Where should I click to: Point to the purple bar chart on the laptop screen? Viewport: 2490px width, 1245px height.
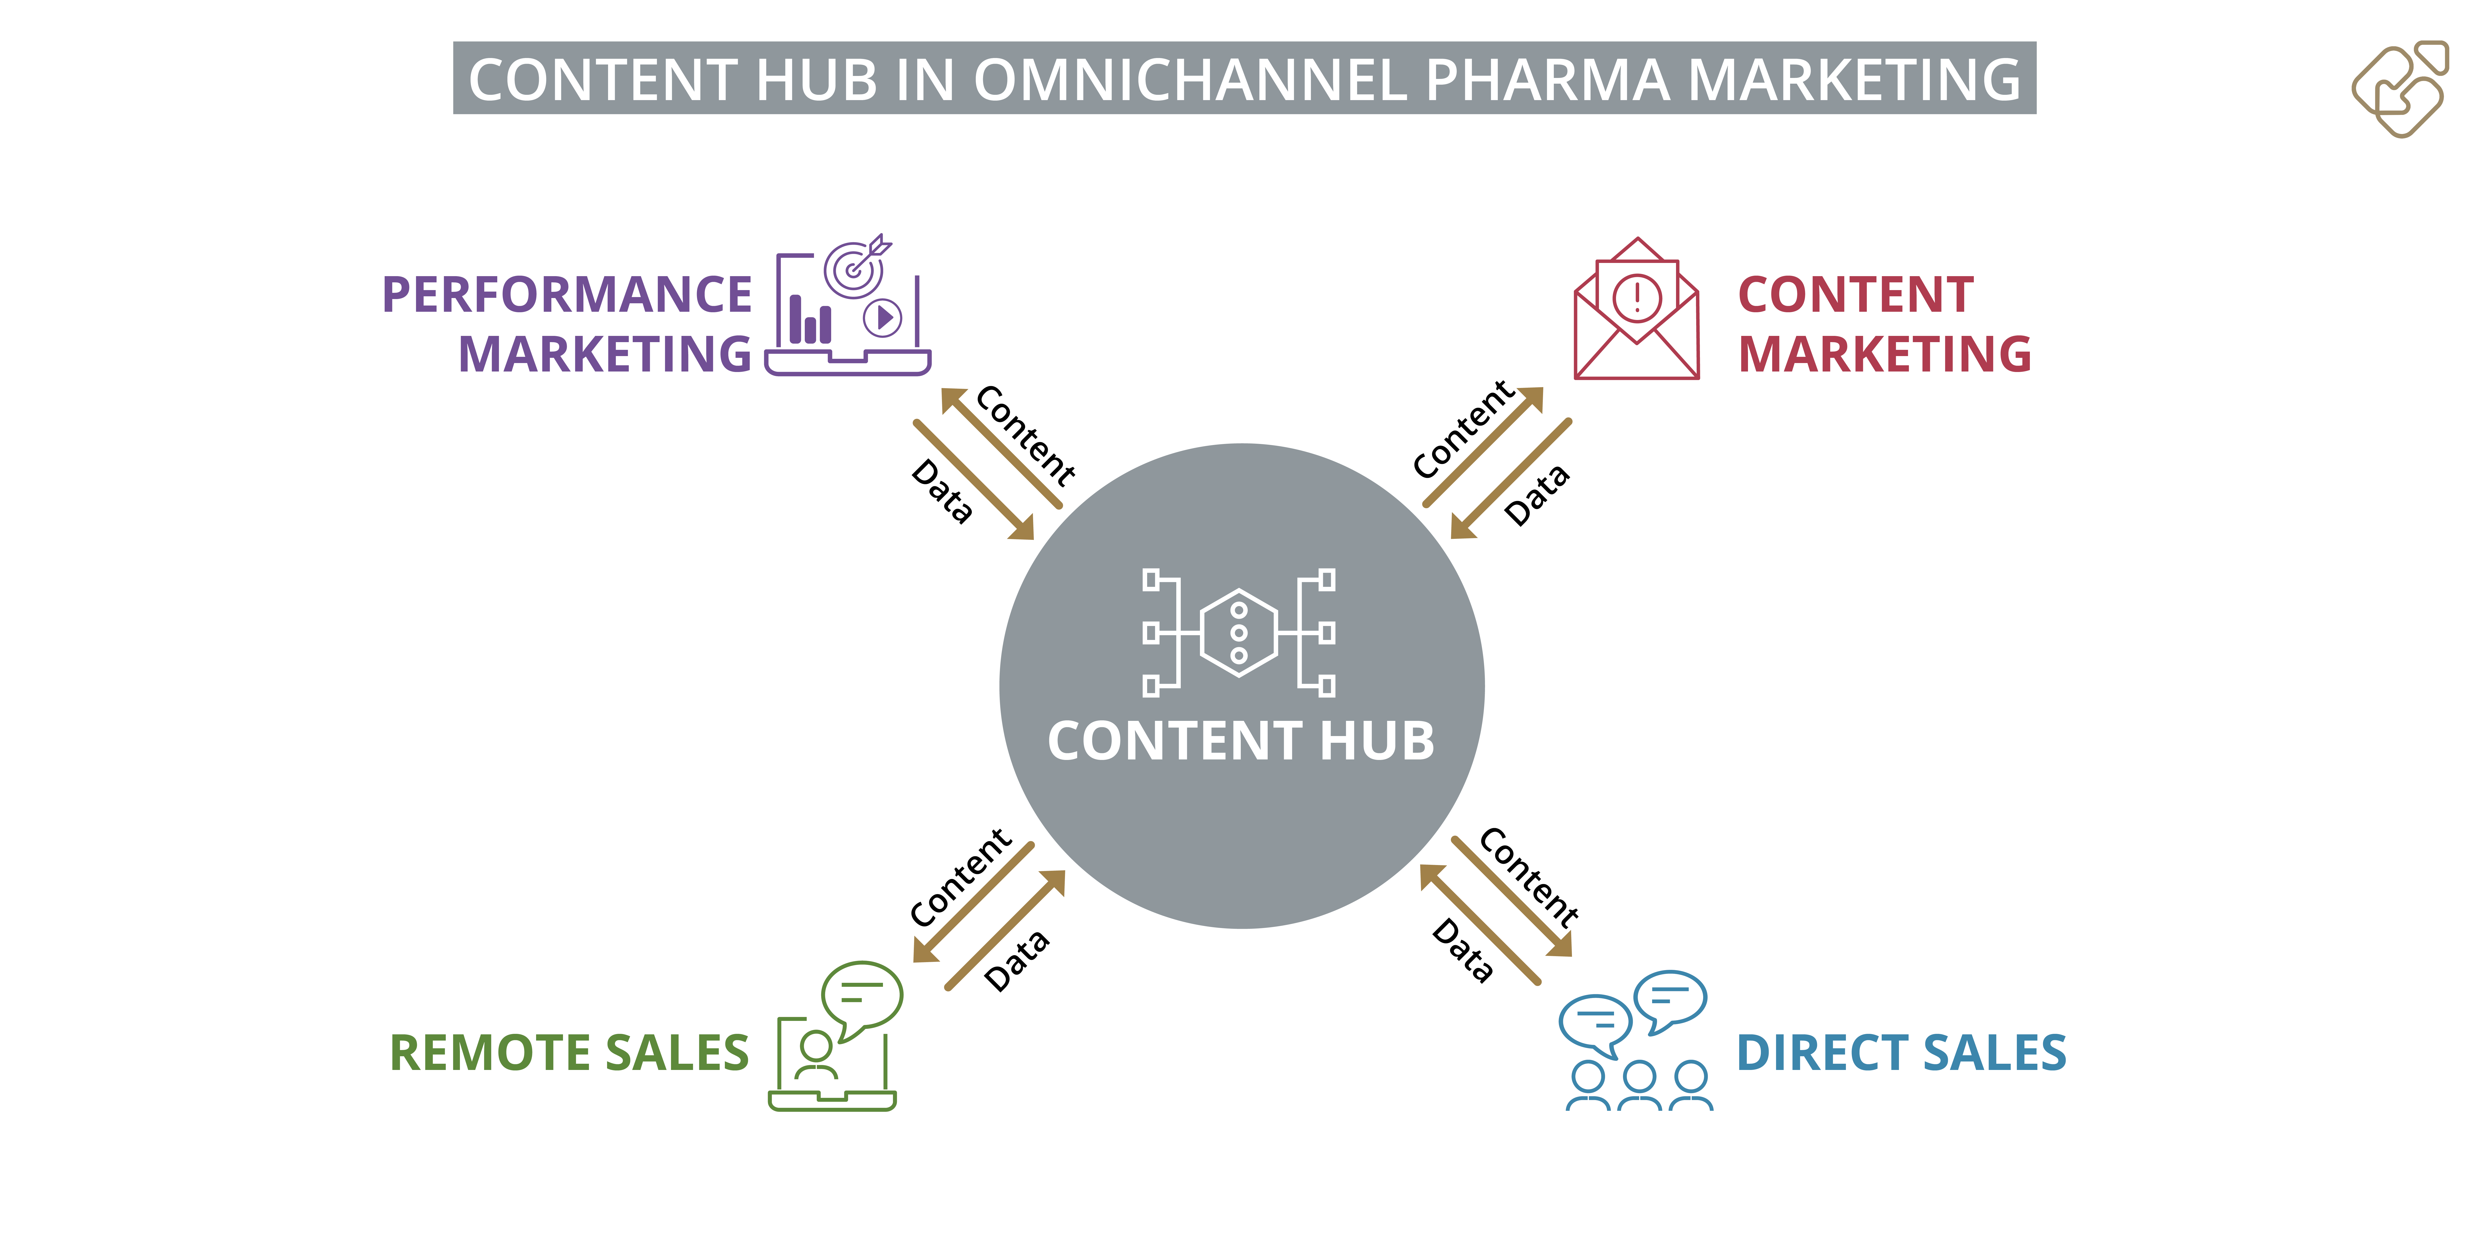point(810,320)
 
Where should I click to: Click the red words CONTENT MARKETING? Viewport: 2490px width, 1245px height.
point(1884,324)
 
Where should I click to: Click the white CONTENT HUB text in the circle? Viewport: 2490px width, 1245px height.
point(1241,741)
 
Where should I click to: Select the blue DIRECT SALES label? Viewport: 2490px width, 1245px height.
point(1901,1053)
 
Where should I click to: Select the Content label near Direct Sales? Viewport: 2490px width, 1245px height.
point(1529,876)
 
